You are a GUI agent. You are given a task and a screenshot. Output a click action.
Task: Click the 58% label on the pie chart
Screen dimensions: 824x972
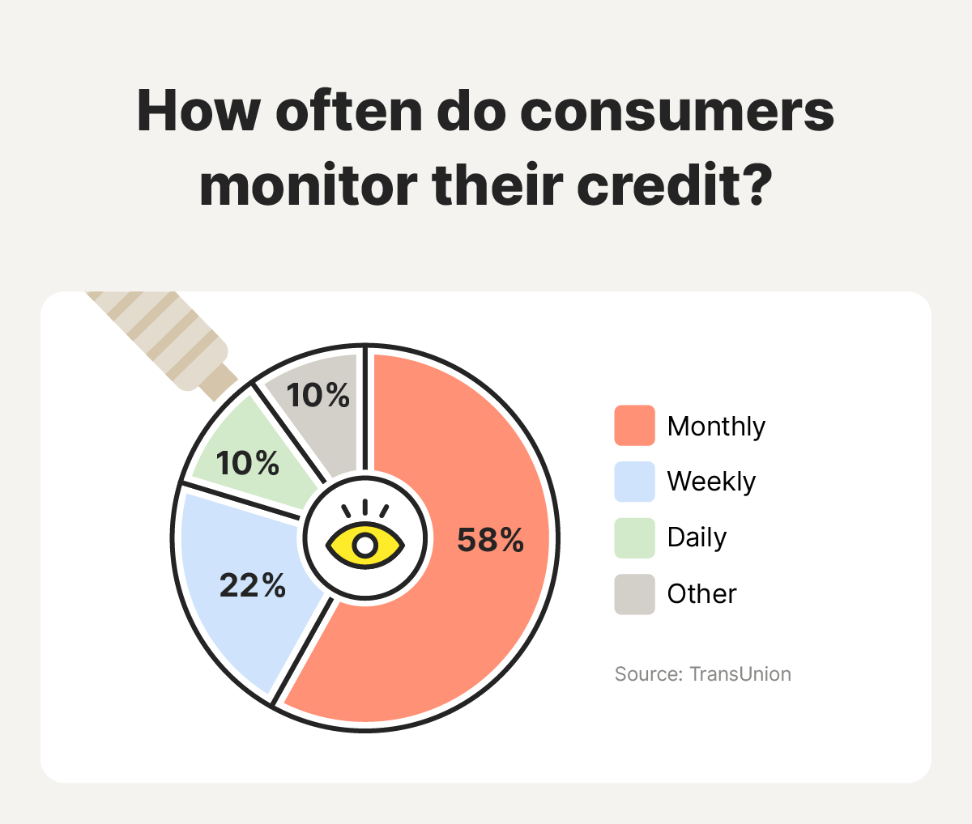tap(490, 540)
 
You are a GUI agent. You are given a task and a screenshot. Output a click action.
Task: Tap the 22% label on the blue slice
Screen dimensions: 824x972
tap(253, 585)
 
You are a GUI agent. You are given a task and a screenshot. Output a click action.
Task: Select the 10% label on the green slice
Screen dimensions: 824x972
tap(247, 464)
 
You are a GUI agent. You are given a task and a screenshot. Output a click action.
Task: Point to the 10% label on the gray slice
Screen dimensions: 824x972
tap(318, 396)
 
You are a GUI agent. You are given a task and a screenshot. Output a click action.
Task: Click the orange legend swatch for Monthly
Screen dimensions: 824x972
tap(634, 426)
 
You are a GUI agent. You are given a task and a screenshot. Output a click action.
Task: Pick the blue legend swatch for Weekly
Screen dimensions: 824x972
tap(634, 482)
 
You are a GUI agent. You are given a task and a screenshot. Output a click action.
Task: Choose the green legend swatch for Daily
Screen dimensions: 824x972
tap(634, 537)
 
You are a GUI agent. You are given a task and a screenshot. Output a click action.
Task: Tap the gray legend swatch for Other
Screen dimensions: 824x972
tap(634, 594)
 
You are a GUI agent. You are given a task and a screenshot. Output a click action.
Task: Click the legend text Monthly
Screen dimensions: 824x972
tap(716, 427)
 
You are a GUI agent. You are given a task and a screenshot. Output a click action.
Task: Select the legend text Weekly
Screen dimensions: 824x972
tap(711, 482)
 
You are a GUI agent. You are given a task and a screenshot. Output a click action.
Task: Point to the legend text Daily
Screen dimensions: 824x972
tap(697, 537)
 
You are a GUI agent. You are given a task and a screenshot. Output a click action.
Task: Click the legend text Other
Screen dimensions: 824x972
tap(701, 594)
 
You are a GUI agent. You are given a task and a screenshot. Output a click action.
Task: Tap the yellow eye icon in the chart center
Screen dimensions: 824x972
tap(365, 545)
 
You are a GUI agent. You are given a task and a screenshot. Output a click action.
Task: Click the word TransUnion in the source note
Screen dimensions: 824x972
tap(740, 674)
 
